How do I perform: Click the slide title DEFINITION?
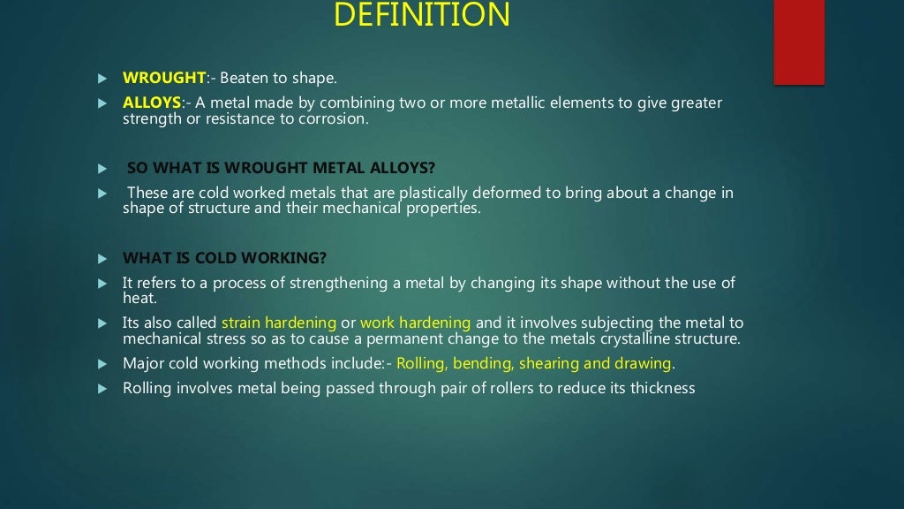point(423,15)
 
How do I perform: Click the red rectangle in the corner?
point(799,42)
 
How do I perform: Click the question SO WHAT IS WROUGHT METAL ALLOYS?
point(282,168)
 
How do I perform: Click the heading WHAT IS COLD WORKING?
point(225,258)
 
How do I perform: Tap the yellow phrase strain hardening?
point(279,323)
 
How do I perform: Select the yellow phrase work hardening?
point(416,323)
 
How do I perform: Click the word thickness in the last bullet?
point(662,388)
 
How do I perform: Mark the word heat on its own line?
point(139,300)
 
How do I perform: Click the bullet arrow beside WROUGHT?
point(102,79)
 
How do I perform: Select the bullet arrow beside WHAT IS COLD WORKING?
point(102,259)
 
